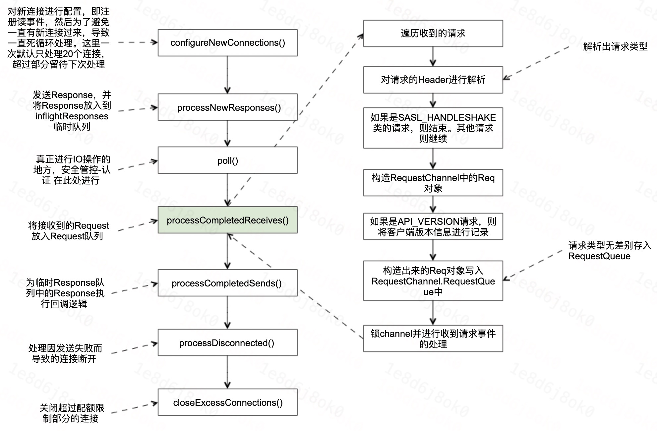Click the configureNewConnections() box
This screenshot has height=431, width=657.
tap(227, 43)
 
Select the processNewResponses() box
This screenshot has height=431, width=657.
tap(227, 107)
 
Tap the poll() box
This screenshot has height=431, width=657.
tap(227, 160)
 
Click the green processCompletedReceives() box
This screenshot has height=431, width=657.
tap(227, 220)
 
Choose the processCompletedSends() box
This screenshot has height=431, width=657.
tap(227, 283)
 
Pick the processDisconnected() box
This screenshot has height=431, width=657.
tap(227, 343)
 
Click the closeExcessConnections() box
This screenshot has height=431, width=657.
tap(227, 402)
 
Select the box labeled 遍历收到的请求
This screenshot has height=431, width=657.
tap(433, 33)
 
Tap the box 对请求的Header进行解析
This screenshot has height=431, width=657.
tap(433, 80)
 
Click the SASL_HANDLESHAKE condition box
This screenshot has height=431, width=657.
tap(433, 128)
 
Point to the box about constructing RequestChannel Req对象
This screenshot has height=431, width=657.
tap(433, 183)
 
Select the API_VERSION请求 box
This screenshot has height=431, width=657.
tap(433, 227)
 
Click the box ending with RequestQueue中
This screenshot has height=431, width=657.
tap(433, 281)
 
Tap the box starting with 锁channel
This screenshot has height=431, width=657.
tap(433, 339)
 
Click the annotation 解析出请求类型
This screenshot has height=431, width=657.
tap(615, 47)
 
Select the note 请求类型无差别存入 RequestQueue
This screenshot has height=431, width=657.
tap(609, 251)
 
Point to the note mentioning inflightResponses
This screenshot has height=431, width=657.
tap(72, 111)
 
